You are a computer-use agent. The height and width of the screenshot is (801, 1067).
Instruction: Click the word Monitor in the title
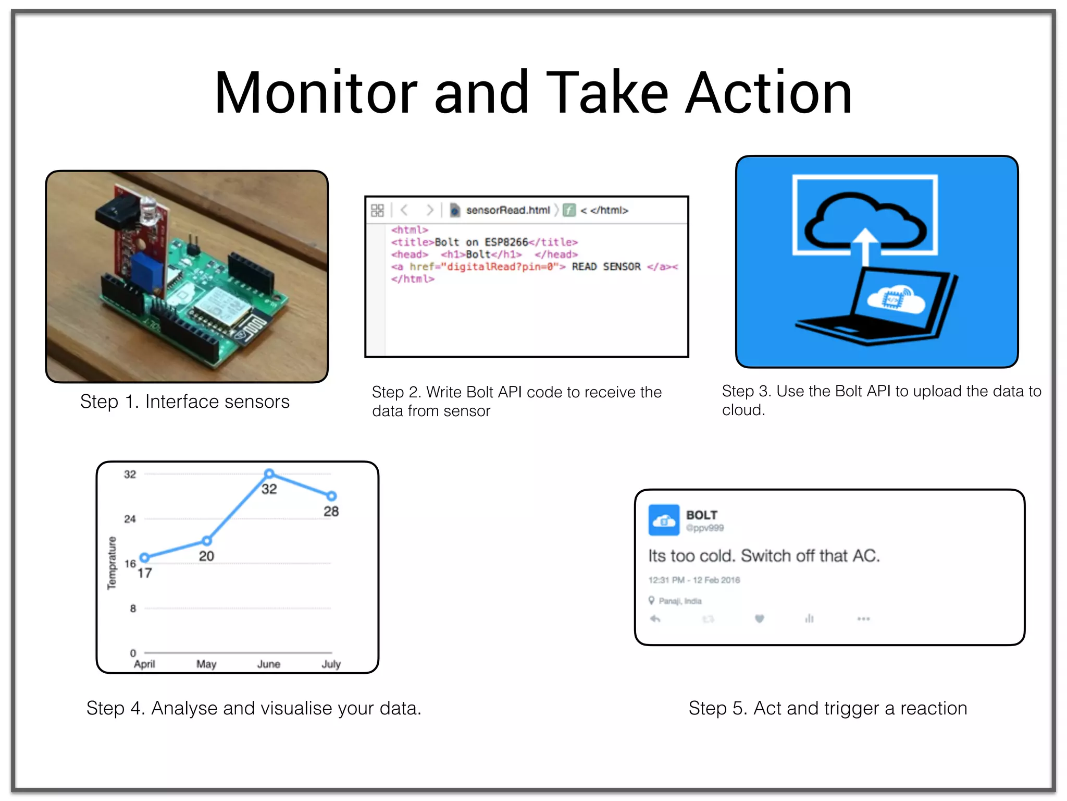316,94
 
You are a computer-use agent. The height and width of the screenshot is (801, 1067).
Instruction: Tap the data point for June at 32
269,474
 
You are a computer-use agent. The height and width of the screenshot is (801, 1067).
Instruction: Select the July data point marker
331,496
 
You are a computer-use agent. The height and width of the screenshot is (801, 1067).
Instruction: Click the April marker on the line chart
145,557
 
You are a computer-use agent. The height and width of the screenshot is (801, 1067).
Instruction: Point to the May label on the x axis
206,664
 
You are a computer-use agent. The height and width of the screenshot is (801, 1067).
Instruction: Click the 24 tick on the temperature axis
130,519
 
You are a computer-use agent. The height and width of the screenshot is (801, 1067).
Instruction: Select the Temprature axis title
111,563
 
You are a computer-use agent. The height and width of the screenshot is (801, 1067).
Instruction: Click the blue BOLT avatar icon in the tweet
664,520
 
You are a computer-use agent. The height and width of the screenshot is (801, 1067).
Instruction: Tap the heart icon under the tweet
759,618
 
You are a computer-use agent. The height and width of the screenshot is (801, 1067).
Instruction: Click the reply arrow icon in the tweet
655,618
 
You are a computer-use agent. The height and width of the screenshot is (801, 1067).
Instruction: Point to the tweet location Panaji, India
679,601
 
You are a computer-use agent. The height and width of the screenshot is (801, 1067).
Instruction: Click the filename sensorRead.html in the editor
507,210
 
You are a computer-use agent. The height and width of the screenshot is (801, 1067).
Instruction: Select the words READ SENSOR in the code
606,266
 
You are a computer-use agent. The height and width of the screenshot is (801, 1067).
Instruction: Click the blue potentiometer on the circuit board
147,270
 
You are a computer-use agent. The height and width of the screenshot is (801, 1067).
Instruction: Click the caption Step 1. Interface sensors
185,402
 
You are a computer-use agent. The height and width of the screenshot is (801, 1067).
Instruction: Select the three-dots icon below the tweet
863,618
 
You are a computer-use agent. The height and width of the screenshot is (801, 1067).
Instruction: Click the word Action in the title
768,94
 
